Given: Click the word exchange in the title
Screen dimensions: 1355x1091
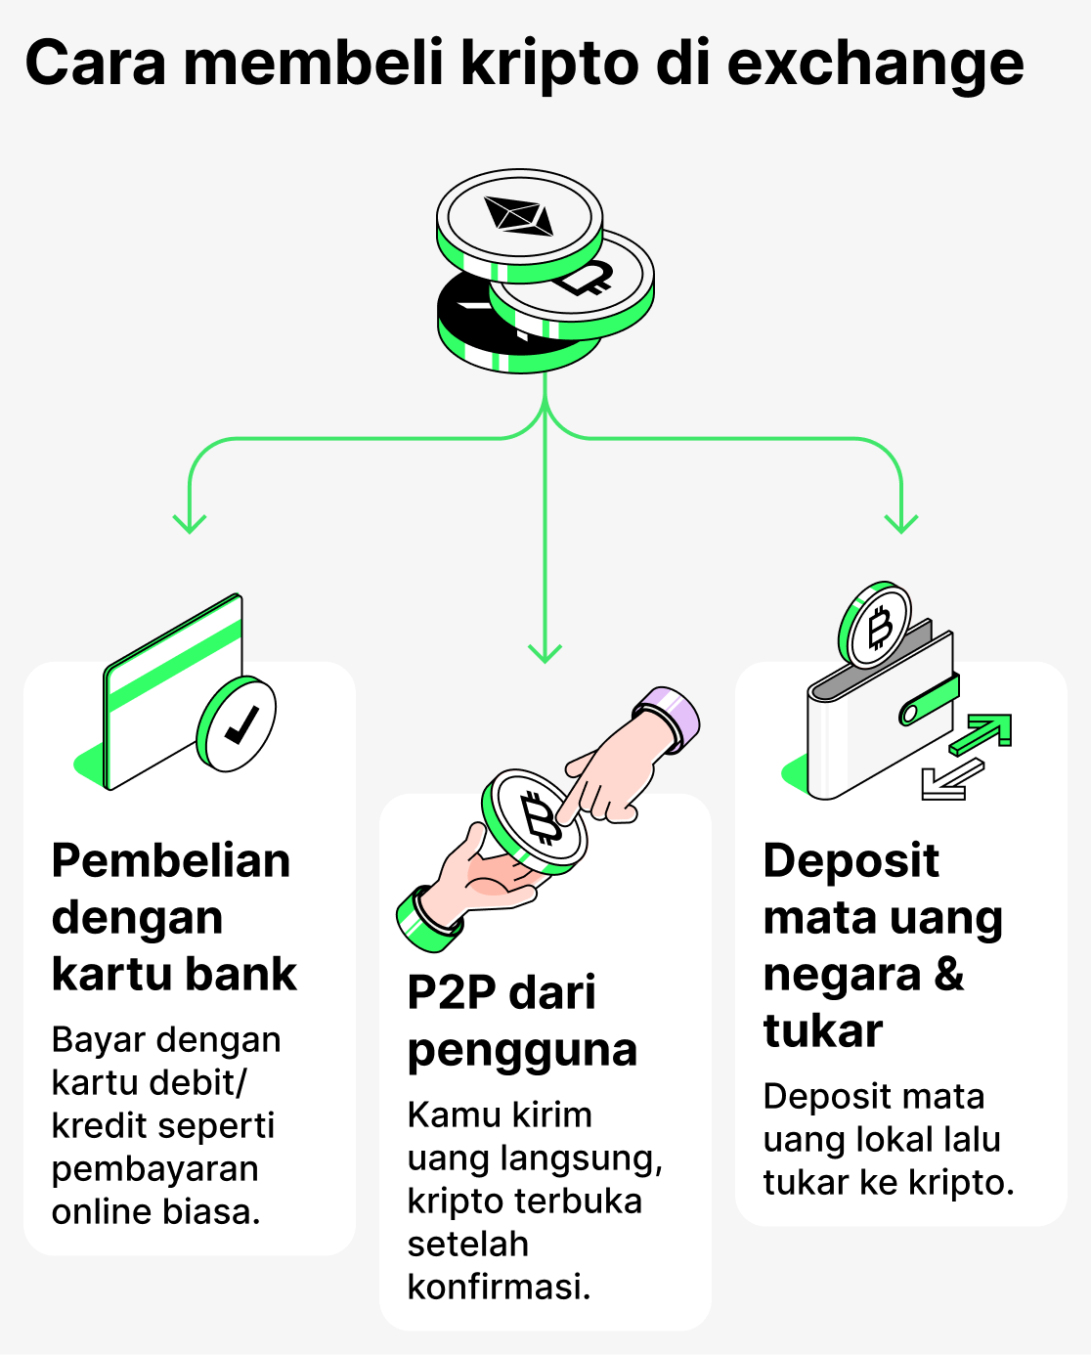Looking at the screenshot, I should click(x=875, y=65).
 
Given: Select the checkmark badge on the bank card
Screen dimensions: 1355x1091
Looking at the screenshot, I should click(x=237, y=724).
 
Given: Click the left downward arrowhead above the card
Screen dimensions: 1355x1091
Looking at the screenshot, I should click(x=189, y=522).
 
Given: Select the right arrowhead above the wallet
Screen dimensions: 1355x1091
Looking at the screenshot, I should click(x=900, y=522).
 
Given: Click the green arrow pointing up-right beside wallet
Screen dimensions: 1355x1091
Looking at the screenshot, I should click(x=983, y=733).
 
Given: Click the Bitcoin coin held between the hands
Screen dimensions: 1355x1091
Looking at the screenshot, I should click(x=536, y=819).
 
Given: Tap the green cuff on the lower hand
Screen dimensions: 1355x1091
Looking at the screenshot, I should click(x=427, y=920).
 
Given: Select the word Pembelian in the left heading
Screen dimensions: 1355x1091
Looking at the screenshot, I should click(x=171, y=861).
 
